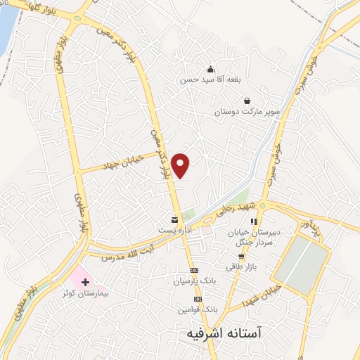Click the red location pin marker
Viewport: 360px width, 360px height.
tap(181, 165)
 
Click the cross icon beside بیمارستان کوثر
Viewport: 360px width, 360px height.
tap(86, 281)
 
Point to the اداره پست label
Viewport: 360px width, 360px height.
tap(174, 229)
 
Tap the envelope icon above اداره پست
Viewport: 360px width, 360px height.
tap(174, 220)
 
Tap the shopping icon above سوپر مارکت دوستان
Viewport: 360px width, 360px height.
tap(247, 101)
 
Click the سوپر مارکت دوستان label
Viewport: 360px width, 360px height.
tap(247, 111)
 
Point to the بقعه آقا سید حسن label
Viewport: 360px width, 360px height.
tap(210, 79)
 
